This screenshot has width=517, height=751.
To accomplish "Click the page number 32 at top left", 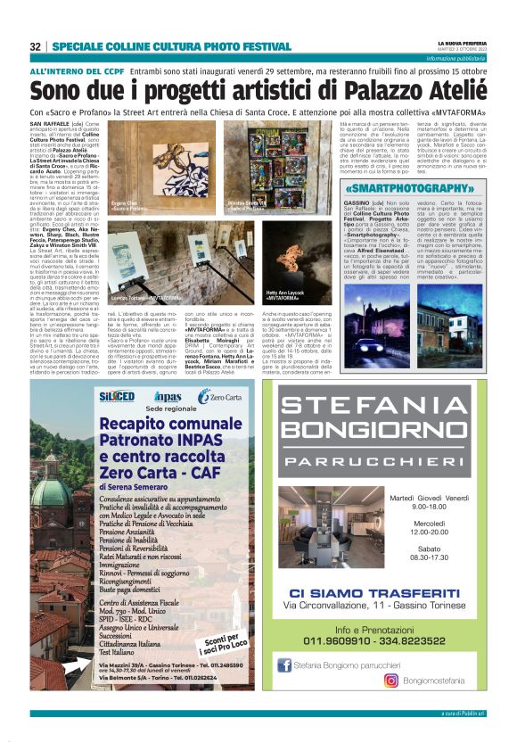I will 36,46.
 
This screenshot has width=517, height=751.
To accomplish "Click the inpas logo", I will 167,397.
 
